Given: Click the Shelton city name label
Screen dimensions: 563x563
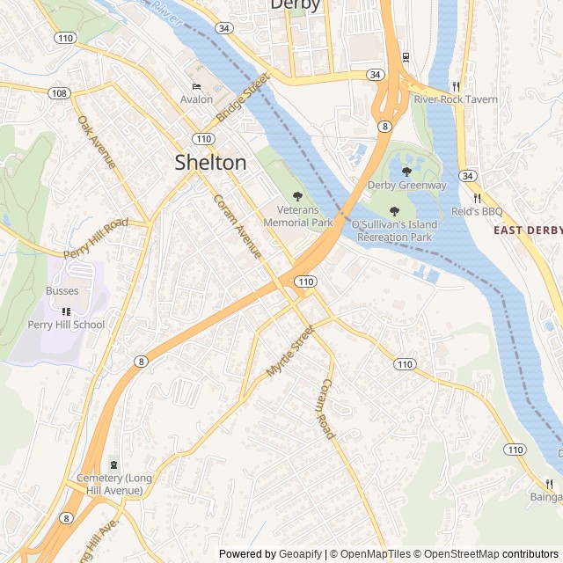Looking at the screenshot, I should (210, 162).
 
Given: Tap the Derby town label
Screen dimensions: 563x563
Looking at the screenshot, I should (295, 5).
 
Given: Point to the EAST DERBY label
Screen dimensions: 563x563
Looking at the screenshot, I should (527, 230).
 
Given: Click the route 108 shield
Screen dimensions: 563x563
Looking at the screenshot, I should (59, 92).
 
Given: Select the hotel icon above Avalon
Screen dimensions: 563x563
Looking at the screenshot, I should (197, 86).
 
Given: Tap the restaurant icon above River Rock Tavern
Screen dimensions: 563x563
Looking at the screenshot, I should (456, 86).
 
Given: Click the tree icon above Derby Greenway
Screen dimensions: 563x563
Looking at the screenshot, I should (406, 172).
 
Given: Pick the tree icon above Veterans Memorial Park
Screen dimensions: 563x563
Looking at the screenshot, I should (297, 196).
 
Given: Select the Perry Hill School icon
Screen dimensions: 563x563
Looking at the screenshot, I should (66, 311).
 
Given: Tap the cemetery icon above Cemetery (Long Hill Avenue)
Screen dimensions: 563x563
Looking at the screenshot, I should (113, 464).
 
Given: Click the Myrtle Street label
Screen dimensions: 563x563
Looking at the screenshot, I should (290, 354).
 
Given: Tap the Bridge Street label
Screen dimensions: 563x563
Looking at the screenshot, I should (242, 99).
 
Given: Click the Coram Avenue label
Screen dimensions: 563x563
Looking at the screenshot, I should (238, 226).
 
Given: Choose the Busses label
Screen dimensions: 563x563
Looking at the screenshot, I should (62, 291).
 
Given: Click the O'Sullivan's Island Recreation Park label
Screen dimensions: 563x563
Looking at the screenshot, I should (392, 231).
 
